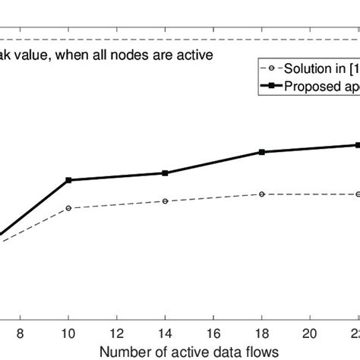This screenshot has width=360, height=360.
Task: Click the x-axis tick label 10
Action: (x=68, y=332)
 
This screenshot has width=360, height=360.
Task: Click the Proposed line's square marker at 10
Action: (x=69, y=180)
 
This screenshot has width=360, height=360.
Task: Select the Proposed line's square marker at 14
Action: (x=166, y=173)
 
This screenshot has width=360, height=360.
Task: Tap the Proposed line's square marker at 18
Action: (x=262, y=152)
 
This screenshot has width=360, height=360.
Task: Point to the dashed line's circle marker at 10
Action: (x=69, y=207)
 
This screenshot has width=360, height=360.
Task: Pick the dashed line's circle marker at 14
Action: (x=166, y=201)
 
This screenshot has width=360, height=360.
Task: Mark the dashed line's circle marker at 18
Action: (x=262, y=194)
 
